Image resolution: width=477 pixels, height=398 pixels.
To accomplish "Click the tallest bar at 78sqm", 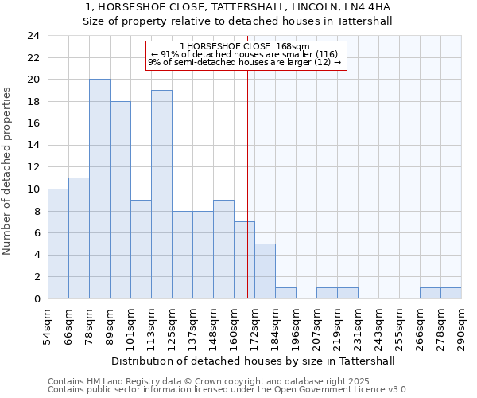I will point(99,189).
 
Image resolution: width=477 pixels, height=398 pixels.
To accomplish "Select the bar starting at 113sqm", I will point(161,194).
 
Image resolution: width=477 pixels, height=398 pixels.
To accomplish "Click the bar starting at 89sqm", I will point(120,200).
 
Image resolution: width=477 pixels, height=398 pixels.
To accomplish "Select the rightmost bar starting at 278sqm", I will point(451,293).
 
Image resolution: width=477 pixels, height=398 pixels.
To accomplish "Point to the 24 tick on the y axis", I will point(33,36).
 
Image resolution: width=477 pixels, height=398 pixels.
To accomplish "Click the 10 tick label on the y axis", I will point(33,189).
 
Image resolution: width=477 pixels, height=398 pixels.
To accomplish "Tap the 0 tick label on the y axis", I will point(37,298).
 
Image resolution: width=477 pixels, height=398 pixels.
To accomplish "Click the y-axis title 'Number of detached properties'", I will point(8,167).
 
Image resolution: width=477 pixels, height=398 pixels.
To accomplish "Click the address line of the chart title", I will point(238,7).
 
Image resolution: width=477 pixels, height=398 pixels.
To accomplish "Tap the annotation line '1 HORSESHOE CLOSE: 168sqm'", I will point(246,47).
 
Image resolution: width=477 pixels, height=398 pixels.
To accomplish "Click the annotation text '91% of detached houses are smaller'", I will point(246,54).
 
